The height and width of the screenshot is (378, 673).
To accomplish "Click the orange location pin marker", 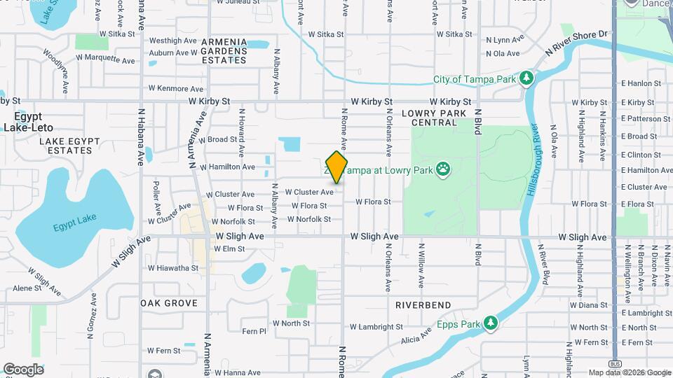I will pyautogui.click(x=337, y=167).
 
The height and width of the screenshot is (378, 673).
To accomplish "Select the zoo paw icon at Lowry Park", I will pyautogui.click(x=443, y=168).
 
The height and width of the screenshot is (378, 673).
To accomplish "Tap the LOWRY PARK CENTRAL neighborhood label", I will pyautogui.click(x=435, y=118).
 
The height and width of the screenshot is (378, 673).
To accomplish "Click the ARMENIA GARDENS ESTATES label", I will pyautogui.click(x=224, y=51).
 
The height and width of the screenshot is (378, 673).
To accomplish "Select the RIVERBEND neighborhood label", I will pyautogui.click(x=423, y=306).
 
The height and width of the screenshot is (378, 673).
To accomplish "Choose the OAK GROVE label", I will pyautogui.click(x=169, y=303).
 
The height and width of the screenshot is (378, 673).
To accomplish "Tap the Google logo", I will pyautogui.click(x=23, y=370).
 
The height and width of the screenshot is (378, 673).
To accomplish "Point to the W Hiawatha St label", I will pyautogui.click(x=173, y=267).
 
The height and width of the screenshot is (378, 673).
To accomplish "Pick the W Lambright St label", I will pyautogui.click(x=376, y=327).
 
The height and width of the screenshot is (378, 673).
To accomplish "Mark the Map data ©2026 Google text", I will pyautogui.click(x=629, y=372).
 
